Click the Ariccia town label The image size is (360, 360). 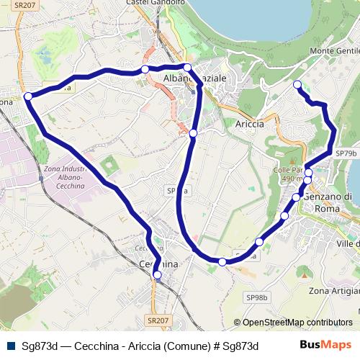[250, 123]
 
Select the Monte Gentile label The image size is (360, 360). [334, 52]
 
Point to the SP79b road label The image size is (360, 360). [346, 153]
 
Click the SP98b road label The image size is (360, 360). [257, 297]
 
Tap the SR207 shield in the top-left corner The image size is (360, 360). [24, 5]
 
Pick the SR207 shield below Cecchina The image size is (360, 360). [156, 320]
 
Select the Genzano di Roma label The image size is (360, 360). [328, 202]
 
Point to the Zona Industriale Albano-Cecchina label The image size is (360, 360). [64, 177]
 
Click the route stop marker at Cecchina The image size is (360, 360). [157, 274]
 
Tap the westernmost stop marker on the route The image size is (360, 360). [27, 96]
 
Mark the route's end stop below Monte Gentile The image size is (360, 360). [297, 85]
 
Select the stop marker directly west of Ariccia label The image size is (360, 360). [193, 133]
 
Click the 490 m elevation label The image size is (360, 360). [291, 179]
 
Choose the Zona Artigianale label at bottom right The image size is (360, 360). [333, 291]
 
